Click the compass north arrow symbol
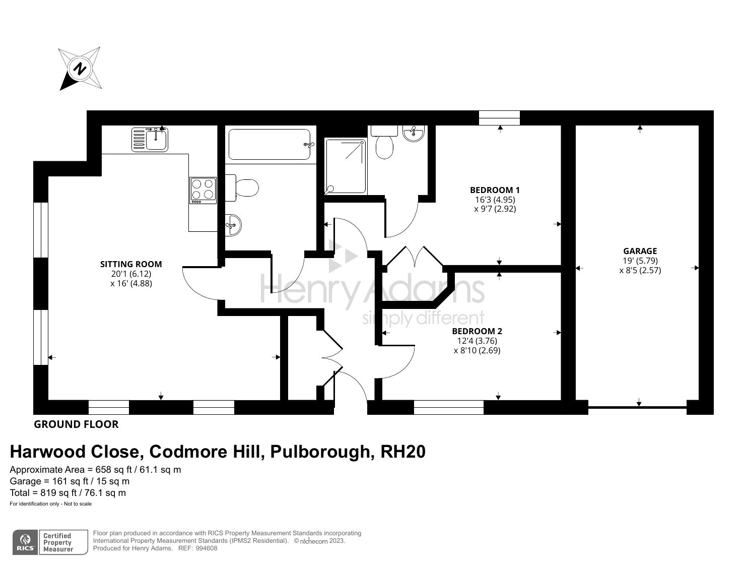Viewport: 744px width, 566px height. tap(80, 69)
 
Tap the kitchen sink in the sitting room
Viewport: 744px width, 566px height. tap(151, 139)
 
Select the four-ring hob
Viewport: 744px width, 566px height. tap(203, 191)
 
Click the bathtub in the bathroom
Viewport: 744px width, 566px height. tap(270, 145)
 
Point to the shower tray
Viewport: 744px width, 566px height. tap(346, 166)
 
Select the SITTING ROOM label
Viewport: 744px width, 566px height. tap(131, 264)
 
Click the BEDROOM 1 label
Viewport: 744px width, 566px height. tap(495, 190)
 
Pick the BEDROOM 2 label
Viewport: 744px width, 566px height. tap(477, 331)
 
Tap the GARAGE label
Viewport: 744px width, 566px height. tap(640, 251)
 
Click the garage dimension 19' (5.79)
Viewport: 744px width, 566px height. tap(640, 261)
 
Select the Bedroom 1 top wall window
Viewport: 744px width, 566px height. tap(499, 117)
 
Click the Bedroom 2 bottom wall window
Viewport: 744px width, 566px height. tap(448, 407)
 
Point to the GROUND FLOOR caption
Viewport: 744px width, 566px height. tap(76, 424)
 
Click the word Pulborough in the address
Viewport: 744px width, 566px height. tap(322, 451)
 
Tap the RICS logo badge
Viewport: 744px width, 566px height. tap(25, 542)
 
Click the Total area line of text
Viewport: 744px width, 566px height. tap(68, 493)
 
